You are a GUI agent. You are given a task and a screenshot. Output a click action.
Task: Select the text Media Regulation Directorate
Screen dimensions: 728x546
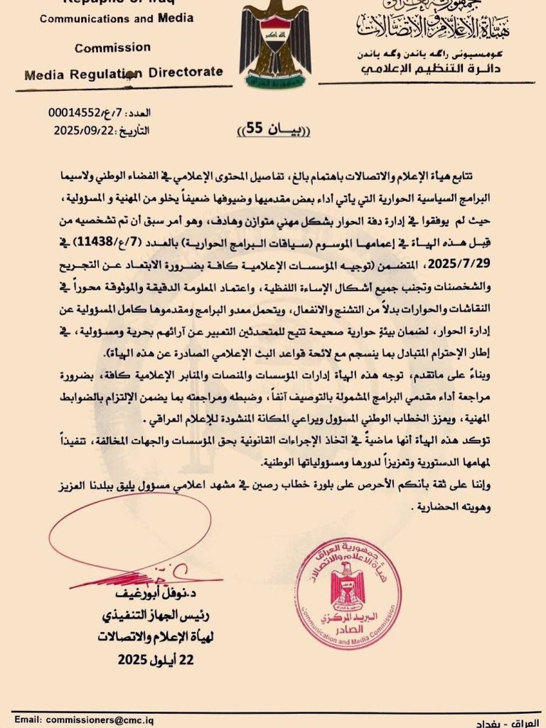pos(123,73)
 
